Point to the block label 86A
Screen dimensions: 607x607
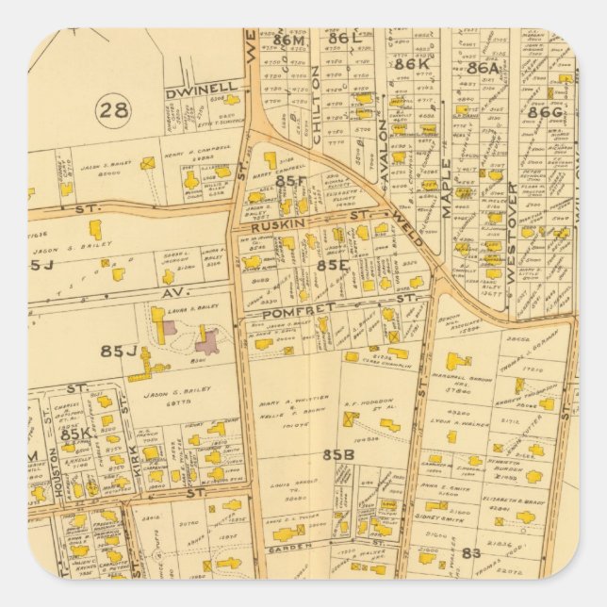(x=483, y=67)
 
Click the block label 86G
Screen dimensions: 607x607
(x=545, y=112)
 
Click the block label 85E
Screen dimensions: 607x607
(x=334, y=266)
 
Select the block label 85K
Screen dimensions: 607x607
(x=74, y=435)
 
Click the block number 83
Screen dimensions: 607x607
(x=470, y=553)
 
